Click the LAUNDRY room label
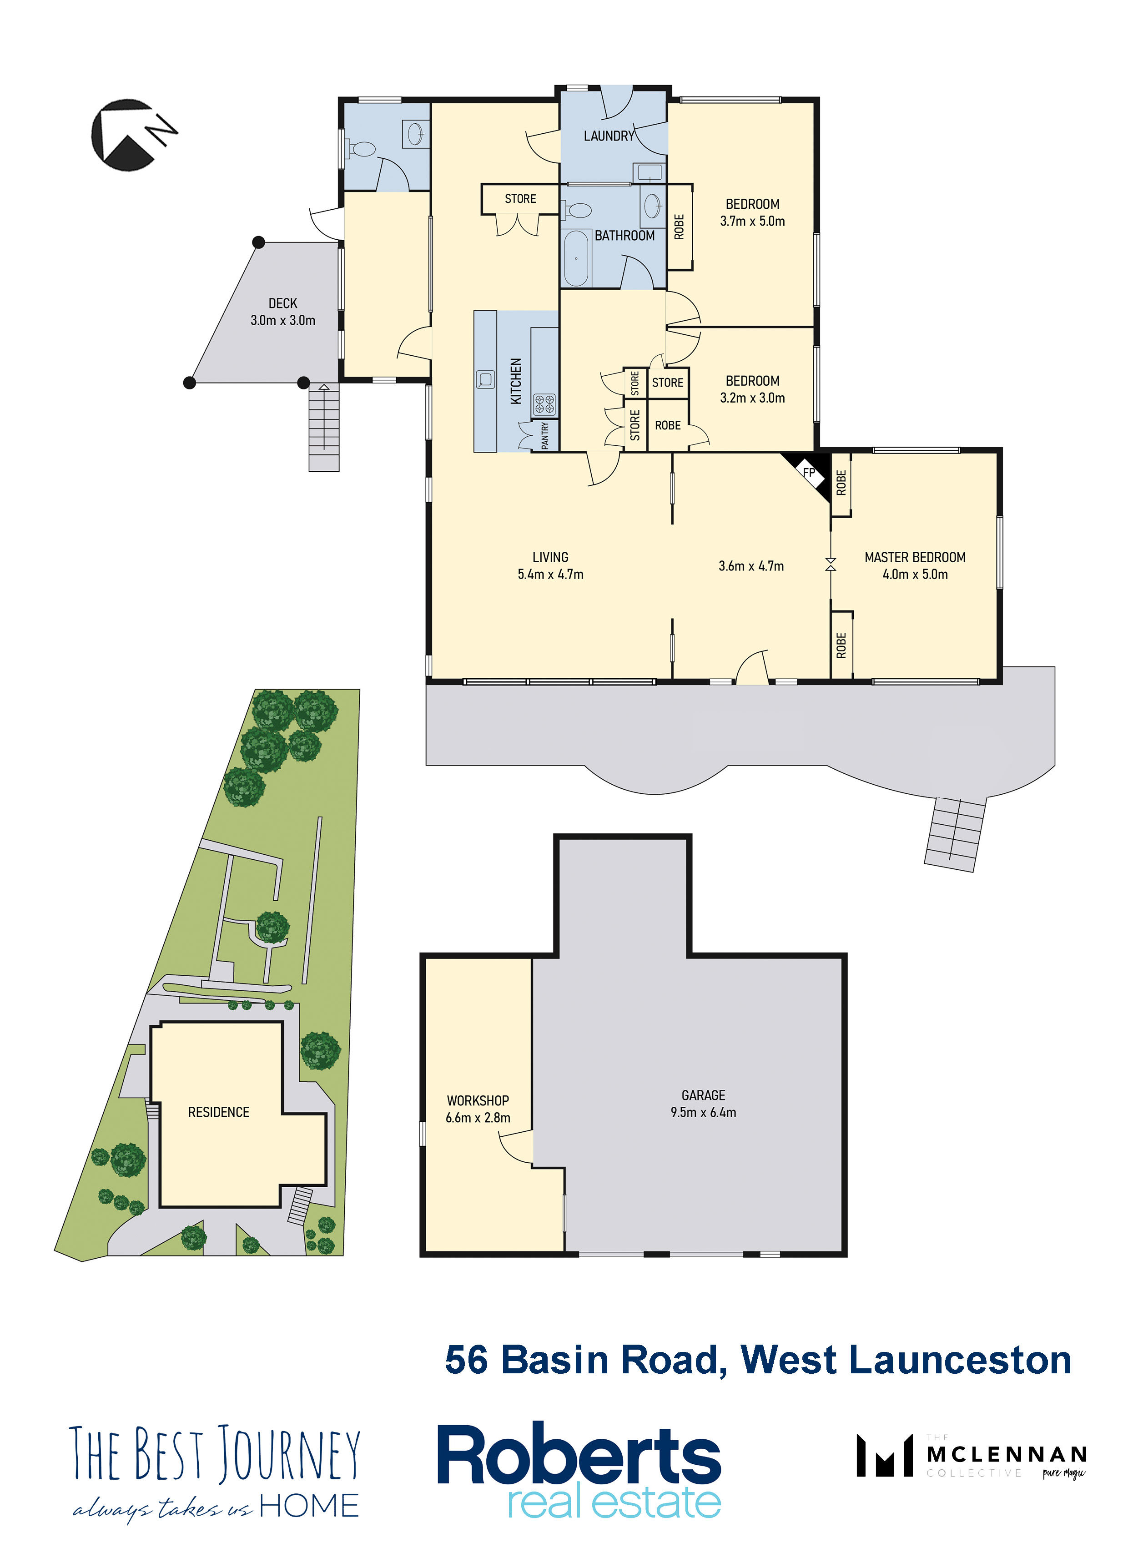pos(609,136)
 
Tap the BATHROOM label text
pos(624,236)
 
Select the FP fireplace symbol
pos(809,473)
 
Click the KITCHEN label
pos(516,381)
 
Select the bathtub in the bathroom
pos(576,258)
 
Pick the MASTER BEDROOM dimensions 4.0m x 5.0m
pos(915,574)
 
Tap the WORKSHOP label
pos(478,1100)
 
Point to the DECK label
pos(283,303)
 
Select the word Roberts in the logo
pos(579,1455)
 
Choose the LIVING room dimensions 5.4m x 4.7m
pos(550,574)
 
